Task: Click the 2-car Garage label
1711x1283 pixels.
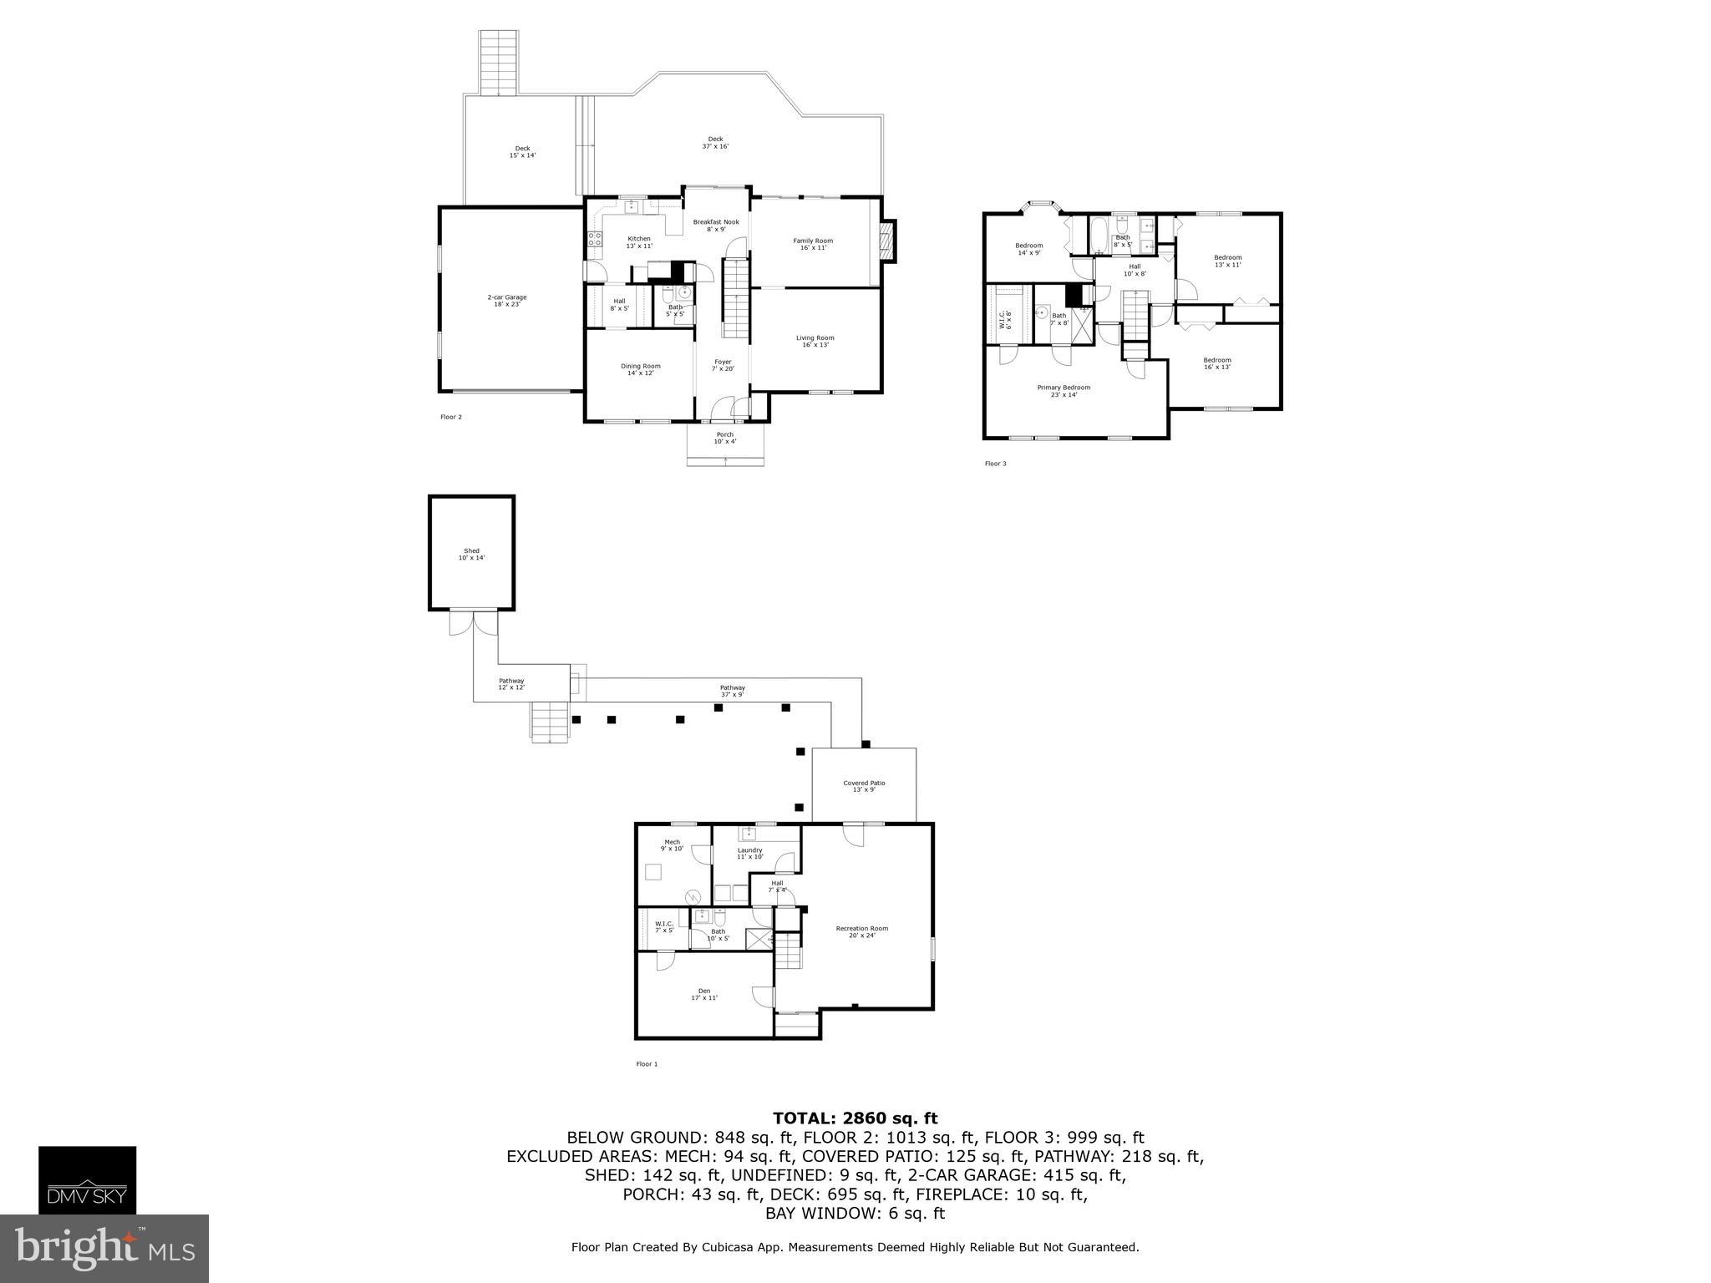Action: click(507, 301)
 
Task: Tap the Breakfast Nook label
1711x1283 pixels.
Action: click(716, 226)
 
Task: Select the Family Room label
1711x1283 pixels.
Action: click(813, 244)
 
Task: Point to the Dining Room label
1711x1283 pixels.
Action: click(640, 369)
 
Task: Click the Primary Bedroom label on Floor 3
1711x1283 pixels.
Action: click(1064, 391)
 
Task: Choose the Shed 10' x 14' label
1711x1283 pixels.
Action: click(471, 554)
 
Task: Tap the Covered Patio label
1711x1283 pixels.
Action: click(864, 786)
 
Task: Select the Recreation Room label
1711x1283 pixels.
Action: click(862, 931)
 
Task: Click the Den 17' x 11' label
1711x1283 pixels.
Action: click(704, 994)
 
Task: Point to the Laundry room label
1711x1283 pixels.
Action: click(749, 853)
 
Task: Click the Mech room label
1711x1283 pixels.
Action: click(672, 844)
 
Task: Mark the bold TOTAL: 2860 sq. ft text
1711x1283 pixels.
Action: click(855, 1118)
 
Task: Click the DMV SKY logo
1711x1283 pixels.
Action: click(87, 1179)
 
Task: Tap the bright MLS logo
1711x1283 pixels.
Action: click(104, 1248)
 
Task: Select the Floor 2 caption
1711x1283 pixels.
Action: click(450, 417)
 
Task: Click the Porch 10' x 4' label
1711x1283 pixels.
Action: click(725, 438)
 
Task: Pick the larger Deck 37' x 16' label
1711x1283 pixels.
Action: click(715, 143)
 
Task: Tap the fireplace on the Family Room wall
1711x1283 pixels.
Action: click(888, 242)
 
